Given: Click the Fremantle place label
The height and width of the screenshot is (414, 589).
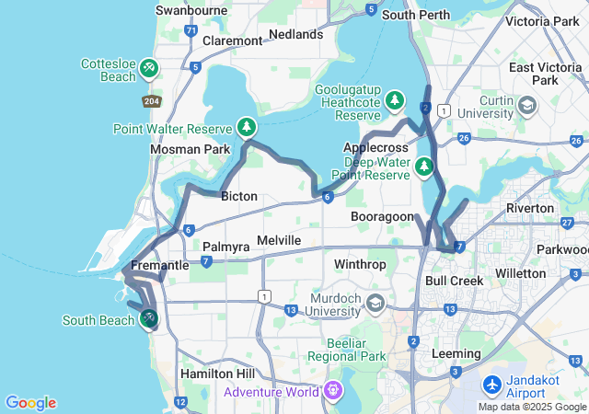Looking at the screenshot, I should [160, 265].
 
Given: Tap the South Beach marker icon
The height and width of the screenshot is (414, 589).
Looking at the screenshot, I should [148, 318].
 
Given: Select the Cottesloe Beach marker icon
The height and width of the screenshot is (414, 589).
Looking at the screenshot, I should [149, 69].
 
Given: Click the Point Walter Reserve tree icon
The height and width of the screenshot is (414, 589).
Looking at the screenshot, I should [247, 127].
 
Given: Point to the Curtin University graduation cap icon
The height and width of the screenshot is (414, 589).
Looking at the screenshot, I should [527, 105].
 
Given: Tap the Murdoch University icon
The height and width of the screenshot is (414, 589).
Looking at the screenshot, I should [375, 303].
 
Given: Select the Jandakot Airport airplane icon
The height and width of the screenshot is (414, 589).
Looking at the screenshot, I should [492, 384].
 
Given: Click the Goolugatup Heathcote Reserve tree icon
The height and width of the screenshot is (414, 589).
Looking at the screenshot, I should [395, 98].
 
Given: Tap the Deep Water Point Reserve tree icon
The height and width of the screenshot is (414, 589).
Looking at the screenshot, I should [423, 167].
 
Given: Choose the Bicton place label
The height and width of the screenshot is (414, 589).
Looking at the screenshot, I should [238, 196].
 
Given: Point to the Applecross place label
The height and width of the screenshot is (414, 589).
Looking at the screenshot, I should [374, 147].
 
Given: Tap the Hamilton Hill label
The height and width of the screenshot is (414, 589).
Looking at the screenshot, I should [214, 374].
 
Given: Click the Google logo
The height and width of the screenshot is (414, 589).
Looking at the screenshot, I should [30, 403].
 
